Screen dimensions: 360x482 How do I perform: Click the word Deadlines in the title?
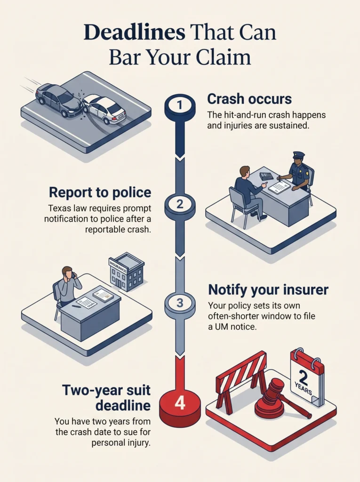tap(134, 32)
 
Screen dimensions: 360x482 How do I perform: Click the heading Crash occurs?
tap(249, 99)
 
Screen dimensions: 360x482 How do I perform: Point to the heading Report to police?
tap(100, 193)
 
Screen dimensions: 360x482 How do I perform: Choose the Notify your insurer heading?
tap(268, 290)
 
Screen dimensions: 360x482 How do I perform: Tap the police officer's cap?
tap(298, 154)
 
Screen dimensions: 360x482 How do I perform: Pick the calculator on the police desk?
tap(266, 176)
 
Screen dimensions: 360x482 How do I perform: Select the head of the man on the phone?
tap(68, 273)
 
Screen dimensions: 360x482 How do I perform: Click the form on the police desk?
tap(280, 187)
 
